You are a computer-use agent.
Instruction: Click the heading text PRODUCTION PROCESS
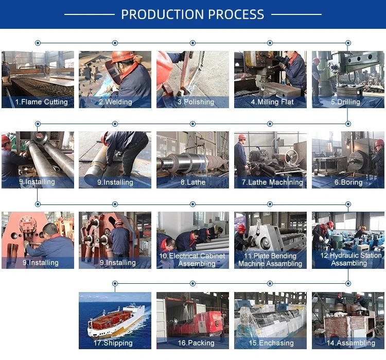[x=192, y=14]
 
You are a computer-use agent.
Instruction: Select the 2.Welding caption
[x=115, y=102]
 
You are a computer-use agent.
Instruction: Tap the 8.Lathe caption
[x=193, y=182]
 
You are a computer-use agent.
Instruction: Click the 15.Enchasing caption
[x=271, y=342]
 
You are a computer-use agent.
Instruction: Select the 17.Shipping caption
[x=113, y=342]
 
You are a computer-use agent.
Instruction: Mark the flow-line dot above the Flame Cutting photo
[x=38, y=43]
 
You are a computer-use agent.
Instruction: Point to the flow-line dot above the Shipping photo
[x=115, y=283]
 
